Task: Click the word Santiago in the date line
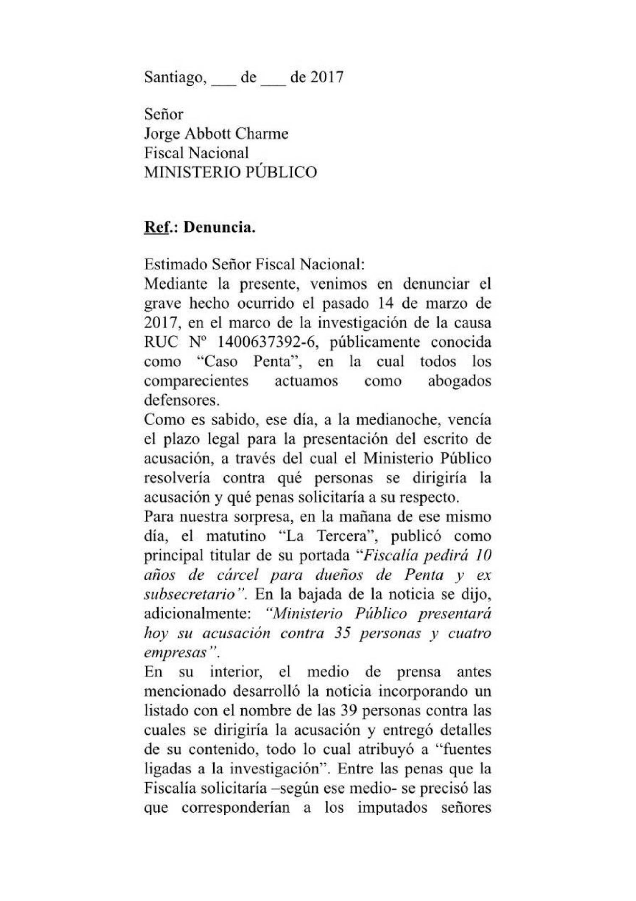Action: [175, 78]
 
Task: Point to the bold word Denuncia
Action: [219, 227]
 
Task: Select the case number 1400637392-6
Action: [268, 342]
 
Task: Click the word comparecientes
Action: [196, 381]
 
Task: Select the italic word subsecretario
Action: [189, 595]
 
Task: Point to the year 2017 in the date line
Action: [327, 78]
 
